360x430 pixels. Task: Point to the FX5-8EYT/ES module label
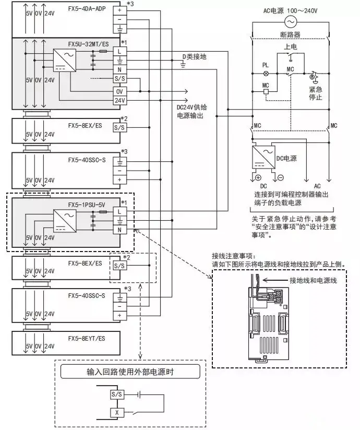tap(86, 339)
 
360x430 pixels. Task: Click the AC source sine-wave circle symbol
tap(290, 21)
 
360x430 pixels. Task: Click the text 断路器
tap(291, 35)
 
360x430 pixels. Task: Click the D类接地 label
tap(194, 56)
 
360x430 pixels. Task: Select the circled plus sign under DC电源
tap(258, 178)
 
